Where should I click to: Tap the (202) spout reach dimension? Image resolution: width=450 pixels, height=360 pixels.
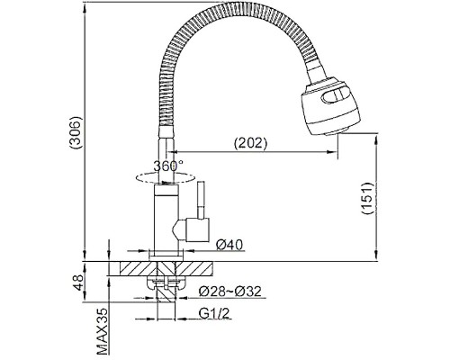tap(250, 143)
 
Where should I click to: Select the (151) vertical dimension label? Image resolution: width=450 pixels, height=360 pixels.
tap(367, 198)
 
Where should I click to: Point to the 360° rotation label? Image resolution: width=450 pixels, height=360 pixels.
tap(168, 166)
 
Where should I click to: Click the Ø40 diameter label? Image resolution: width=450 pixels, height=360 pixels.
tap(229, 245)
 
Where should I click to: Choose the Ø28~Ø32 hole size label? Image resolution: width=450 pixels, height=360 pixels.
tap(230, 291)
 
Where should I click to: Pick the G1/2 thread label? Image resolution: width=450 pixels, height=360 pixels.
tap(214, 313)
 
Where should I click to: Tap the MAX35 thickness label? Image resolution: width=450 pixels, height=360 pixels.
tap(103, 331)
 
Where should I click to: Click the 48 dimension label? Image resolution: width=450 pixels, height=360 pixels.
tap(78, 283)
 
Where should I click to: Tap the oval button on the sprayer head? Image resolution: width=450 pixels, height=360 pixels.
tap(336, 95)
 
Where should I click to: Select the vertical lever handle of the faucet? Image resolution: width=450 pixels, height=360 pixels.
tap(201, 200)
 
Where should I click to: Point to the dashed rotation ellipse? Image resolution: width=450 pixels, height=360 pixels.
tap(164, 178)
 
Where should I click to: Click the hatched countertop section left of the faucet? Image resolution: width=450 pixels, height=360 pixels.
tap(134, 268)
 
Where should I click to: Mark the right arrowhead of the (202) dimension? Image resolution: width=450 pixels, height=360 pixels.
tap(332, 152)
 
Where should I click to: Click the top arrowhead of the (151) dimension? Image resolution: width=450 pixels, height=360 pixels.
tap(376, 139)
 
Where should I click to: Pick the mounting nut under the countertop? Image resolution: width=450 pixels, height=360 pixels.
tap(166, 283)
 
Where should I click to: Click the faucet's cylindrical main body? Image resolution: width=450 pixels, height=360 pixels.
tap(166, 220)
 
